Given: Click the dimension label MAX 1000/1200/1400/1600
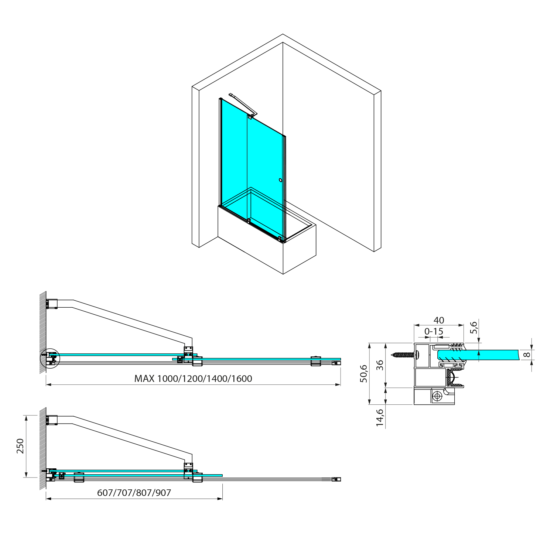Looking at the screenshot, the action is [193, 379].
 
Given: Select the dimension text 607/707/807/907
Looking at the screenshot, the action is [134, 493].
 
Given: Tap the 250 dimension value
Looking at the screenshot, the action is [20, 446].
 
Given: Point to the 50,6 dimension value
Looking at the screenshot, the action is [363, 373].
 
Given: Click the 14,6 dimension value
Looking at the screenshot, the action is [380, 418].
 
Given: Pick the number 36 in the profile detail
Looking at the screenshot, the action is [380, 365].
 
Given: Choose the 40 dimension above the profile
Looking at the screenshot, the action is [439, 320].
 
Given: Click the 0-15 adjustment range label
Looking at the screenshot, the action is [434, 331].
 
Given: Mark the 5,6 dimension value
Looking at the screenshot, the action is [473, 328].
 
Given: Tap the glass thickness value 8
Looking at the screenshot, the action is [527, 355].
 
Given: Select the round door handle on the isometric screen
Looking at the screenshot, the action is [281, 180].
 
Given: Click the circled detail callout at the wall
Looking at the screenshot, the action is [49, 358].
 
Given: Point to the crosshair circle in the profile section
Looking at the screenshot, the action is [438, 396].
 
